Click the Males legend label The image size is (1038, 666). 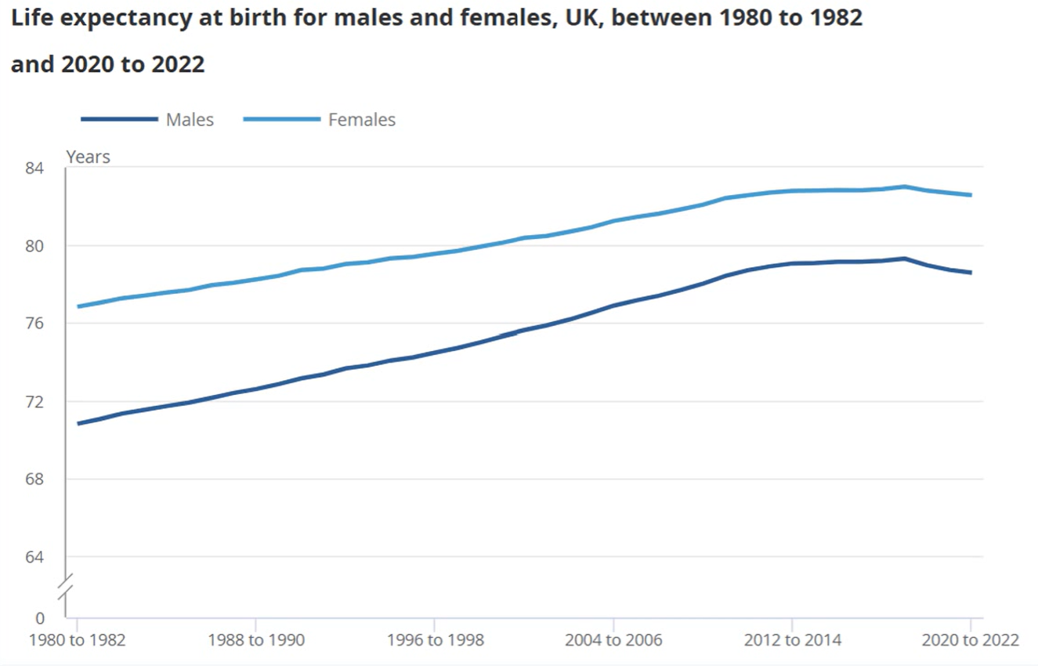pyautogui.click(x=190, y=120)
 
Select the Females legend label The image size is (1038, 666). pyautogui.click(x=362, y=120)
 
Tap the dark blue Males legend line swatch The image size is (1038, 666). pyautogui.click(x=118, y=120)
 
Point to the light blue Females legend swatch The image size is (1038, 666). pyautogui.click(x=282, y=120)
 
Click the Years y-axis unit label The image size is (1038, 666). pyautogui.click(x=88, y=157)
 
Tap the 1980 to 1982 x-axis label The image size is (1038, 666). pyautogui.click(x=77, y=640)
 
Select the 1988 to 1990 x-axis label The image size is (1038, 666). pyautogui.click(x=256, y=640)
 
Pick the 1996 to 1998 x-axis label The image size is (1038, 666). pyautogui.click(x=435, y=640)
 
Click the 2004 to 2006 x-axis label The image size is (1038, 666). pyautogui.click(x=613, y=640)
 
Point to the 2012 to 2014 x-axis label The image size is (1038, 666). pyautogui.click(x=793, y=640)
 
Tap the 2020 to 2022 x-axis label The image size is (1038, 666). pyautogui.click(x=970, y=640)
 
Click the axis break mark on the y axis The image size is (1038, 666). pyautogui.click(x=66, y=585)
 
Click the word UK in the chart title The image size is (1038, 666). pyautogui.click(x=579, y=19)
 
